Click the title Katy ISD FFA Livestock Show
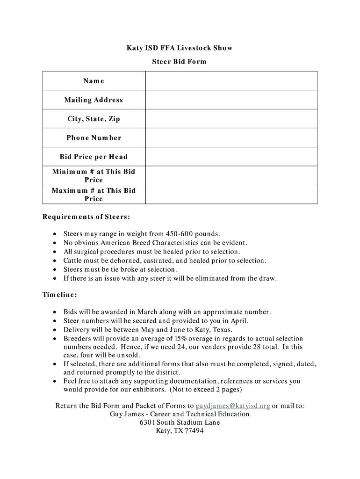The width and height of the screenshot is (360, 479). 180,48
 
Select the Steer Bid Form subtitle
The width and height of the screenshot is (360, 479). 180,62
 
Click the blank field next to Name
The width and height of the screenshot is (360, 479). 231,81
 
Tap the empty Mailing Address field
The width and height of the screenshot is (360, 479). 231,100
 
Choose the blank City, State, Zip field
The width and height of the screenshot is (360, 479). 231,119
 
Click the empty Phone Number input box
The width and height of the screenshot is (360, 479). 231,138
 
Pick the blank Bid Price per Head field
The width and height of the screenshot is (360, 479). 231,157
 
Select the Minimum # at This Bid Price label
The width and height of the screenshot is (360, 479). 94,175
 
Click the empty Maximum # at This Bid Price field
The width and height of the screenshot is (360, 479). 231,194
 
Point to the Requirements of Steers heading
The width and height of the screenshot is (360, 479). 86,217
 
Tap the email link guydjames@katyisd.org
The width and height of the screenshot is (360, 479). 232,406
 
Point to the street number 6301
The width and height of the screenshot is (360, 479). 147,422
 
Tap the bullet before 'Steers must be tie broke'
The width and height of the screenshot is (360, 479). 55,270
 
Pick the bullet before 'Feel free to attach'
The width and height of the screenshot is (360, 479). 55,381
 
